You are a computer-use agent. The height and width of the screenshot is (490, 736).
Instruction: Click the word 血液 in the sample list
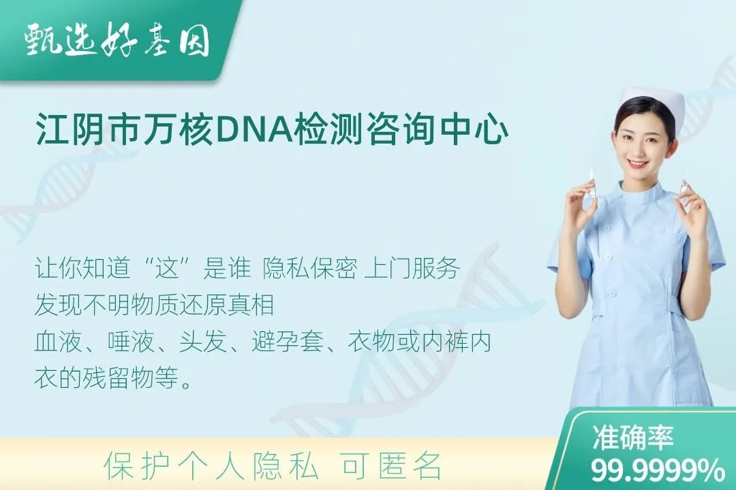[54, 342]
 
